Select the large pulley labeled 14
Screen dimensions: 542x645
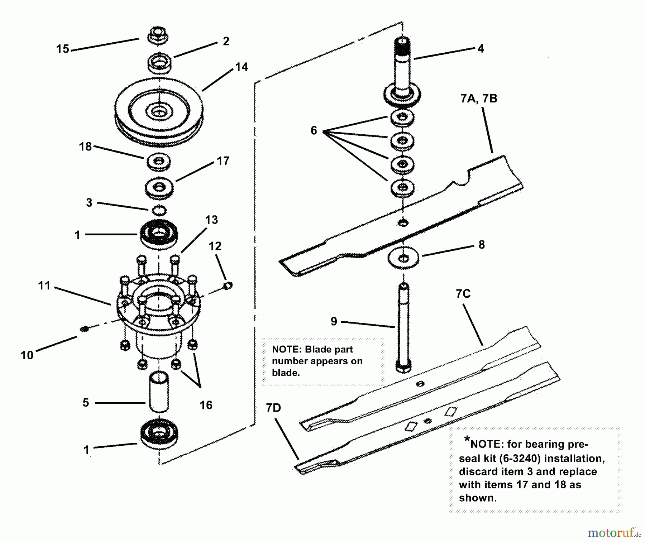159,112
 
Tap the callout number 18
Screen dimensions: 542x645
85,147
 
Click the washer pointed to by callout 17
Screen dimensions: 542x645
159,188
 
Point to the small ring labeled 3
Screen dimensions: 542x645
159,210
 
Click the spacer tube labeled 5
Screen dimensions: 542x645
158,392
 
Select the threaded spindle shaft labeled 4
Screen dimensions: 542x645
402,68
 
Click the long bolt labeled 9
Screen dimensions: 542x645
403,326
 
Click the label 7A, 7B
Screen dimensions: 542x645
479,99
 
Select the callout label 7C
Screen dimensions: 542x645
463,294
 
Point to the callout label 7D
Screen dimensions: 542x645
273,408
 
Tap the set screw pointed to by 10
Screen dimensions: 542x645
84,328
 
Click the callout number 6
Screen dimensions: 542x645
314,130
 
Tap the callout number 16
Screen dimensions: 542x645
206,405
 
